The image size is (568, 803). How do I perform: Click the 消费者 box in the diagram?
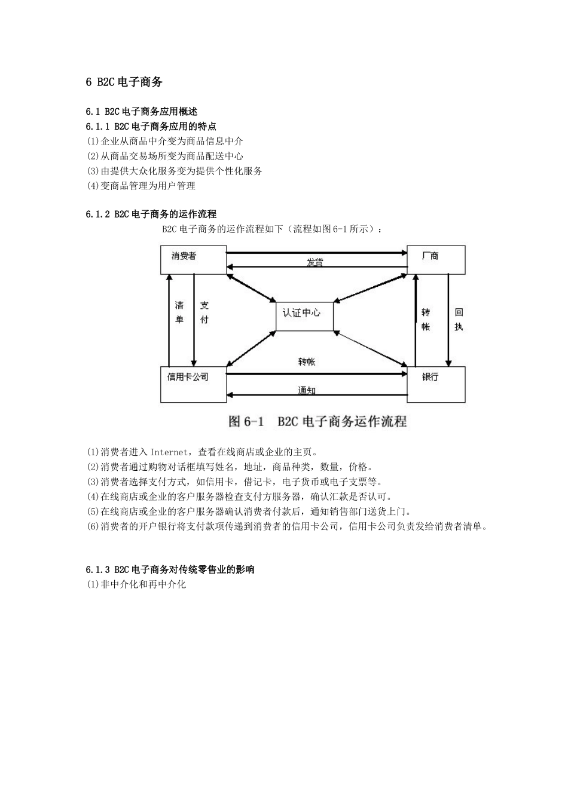(x=193, y=259)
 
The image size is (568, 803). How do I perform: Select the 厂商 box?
(x=435, y=259)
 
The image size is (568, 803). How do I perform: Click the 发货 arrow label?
(x=315, y=263)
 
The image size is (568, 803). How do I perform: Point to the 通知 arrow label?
(x=307, y=391)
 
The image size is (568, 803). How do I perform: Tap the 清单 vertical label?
(x=179, y=312)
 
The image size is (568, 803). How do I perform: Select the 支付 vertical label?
(x=204, y=312)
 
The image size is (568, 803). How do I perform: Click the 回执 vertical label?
(x=459, y=319)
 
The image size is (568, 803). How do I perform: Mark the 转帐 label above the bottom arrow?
(x=307, y=362)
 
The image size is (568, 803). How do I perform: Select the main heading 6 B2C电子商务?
(x=124, y=82)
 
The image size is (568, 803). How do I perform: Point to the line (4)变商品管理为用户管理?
(x=141, y=186)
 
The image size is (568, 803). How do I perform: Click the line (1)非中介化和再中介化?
(x=136, y=584)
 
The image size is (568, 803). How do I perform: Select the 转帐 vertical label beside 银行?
(x=426, y=319)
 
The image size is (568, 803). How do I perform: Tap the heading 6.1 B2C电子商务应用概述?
(x=142, y=111)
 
